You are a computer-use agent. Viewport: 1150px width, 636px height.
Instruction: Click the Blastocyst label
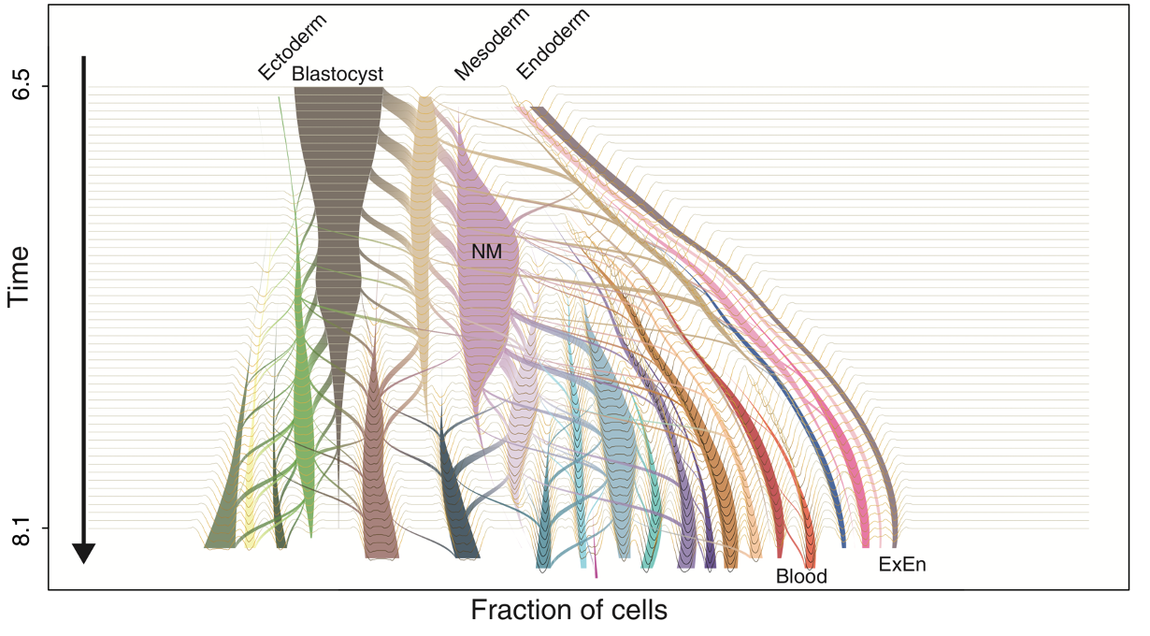pos(337,74)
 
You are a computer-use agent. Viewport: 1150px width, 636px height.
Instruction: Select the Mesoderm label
pos(492,44)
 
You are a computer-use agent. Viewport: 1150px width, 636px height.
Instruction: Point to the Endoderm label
pos(553,44)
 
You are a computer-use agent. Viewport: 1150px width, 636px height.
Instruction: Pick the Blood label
pos(801,577)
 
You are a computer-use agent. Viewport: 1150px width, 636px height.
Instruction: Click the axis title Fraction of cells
pos(568,611)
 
